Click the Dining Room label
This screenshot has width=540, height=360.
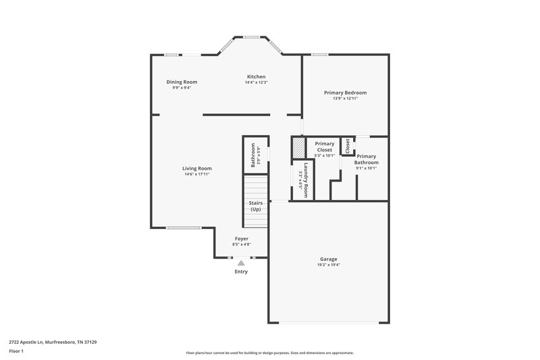tap(182, 82)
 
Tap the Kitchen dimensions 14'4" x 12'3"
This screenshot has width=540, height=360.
tap(256, 82)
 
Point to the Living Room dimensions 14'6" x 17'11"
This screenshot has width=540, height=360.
tap(197, 174)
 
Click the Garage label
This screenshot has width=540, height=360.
tap(329, 259)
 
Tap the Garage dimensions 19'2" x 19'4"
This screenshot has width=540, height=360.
tap(329, 265)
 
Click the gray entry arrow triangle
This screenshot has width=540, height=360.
tap(241, 263)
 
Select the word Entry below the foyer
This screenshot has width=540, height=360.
tap(241, 272)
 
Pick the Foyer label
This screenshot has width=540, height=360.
tap(241, 238)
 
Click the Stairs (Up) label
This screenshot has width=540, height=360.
tap(256, 206)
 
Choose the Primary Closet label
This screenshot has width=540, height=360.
tap(325, 147)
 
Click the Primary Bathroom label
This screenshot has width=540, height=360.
tap(367, 159)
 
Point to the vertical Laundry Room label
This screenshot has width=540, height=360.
tap(306, 180)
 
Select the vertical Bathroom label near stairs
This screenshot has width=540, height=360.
tap(253, 156)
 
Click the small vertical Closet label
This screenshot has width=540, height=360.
tap(348, 145)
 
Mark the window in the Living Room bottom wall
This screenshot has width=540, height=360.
tap(184, 228)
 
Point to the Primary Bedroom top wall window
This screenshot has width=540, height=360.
tap(319, 55)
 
